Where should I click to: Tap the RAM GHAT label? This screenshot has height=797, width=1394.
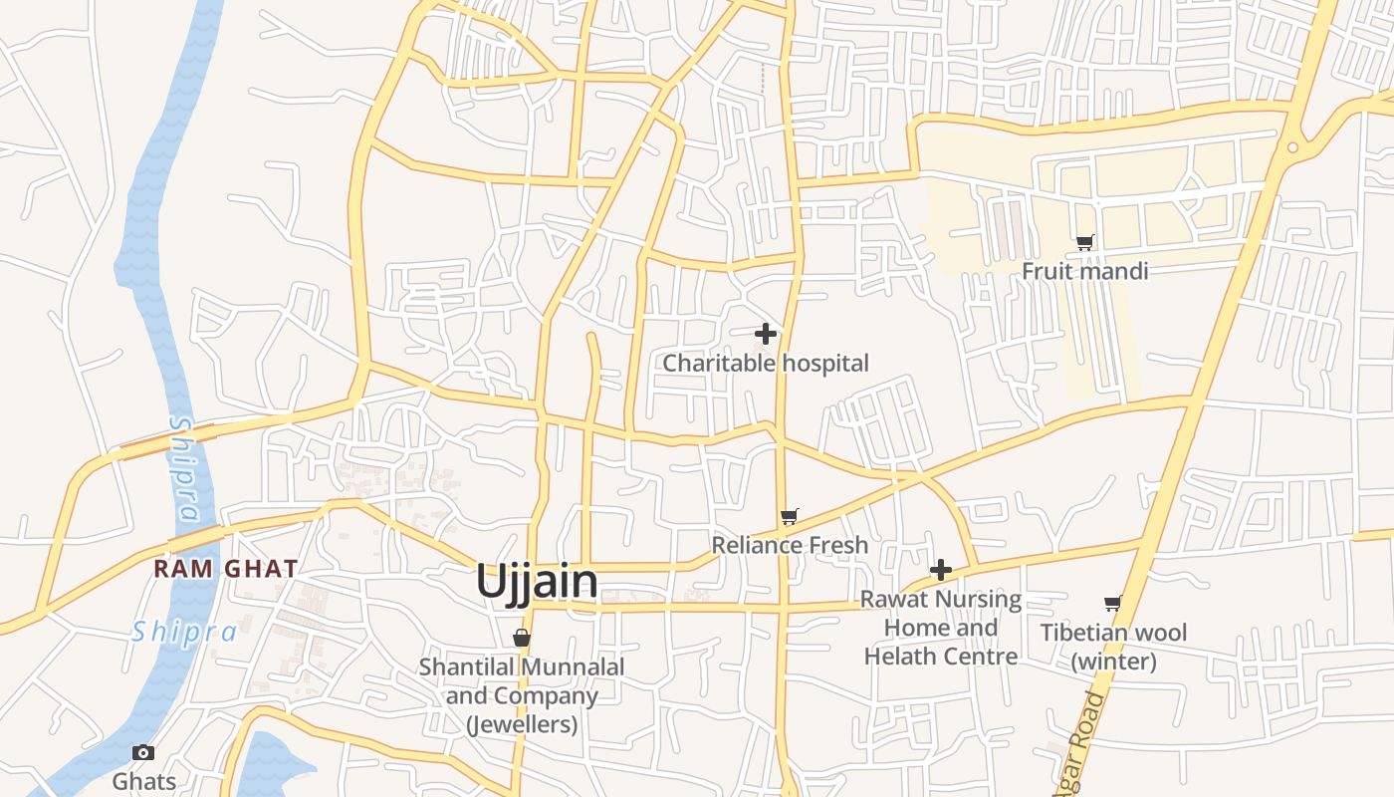point(226,569)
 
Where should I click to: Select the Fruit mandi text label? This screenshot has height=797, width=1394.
point(1084,271)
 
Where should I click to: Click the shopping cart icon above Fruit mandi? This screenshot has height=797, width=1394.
point(1085,242)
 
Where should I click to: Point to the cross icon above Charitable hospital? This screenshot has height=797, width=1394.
point(766,334)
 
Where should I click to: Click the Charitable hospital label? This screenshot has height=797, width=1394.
point(766,364)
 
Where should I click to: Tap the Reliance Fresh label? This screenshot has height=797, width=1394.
point(790,545)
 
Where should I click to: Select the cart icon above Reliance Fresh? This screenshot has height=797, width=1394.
point(790,516)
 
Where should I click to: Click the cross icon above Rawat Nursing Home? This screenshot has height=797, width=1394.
point(941,570)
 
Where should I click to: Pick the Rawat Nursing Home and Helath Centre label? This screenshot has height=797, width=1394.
point(941,628)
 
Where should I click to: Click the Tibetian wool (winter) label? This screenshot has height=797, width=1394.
point(1113,647)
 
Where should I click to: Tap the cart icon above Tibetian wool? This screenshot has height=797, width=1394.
point(1113,603)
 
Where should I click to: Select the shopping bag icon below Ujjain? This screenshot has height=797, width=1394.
point(521,638)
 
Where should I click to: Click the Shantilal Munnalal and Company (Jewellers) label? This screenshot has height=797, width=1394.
point(522,695)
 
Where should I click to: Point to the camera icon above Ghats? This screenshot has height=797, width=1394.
point(143,752)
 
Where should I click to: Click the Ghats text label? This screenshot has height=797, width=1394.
point(143,781)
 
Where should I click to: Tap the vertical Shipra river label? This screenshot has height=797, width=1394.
point(183,468)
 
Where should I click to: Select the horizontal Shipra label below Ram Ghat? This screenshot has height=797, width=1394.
point(185,631)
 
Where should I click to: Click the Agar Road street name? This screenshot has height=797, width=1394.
point(1086,742)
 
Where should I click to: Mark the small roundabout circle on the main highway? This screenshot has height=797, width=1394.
point(1292,147)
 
